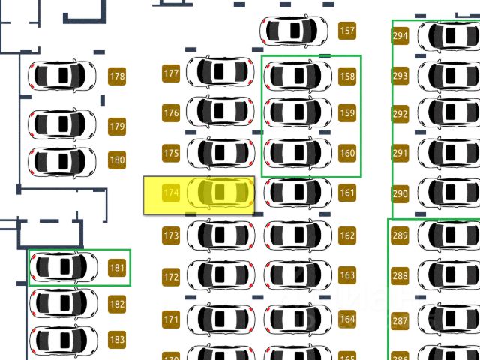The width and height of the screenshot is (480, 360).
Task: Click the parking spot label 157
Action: coord(347,31)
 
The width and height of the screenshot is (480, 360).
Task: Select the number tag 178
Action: coord(117,76)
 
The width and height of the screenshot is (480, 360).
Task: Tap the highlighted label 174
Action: coord(171,193)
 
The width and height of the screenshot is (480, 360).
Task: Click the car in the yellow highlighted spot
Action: coord(220,193)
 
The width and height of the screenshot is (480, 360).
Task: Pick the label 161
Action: coord(347,193)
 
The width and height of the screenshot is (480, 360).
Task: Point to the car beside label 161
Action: coord(298,193)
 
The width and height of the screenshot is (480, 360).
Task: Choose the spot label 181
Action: coord(117,267)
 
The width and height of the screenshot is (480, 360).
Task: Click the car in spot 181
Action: coord(63,266)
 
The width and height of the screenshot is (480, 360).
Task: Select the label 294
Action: coord(400,36)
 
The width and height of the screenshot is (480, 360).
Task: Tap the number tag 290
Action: coord(400,193)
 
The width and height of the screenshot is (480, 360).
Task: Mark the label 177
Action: coord(171,73)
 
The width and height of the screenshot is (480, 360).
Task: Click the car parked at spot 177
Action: coord(220,72)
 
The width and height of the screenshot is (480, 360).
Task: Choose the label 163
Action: coord(347,275)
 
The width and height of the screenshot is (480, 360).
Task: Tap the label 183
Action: coord(117,339)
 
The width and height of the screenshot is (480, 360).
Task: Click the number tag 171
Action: coord(171,319)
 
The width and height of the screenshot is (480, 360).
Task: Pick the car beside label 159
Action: coord(298,112)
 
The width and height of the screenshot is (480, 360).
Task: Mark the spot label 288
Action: coord(400,275)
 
